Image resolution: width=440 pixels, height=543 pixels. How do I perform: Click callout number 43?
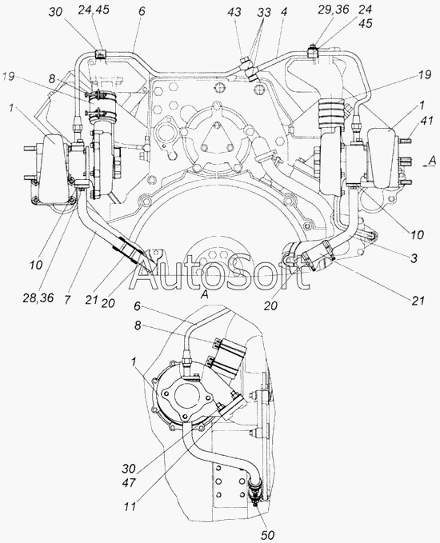[234, 13]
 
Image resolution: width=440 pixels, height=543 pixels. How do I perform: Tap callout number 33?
[264, 13]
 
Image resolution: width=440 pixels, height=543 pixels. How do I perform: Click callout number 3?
[414, 258]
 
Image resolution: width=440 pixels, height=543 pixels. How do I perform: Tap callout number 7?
[67, 300]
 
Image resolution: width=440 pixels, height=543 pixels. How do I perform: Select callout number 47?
[129, 482]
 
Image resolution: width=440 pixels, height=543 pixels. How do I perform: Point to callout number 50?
[267, 535]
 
